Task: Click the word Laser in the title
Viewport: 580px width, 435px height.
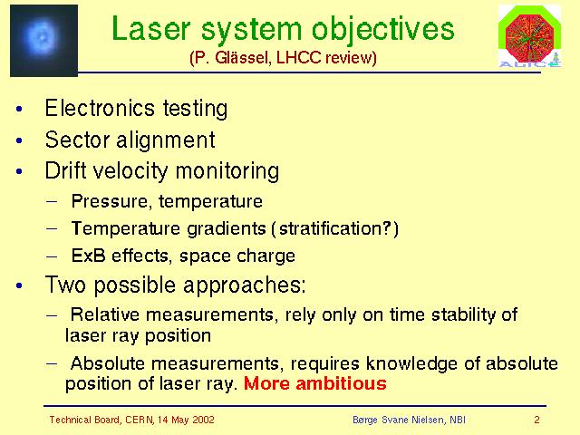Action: (151, 29)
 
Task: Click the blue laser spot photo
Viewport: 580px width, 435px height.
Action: (43, 40)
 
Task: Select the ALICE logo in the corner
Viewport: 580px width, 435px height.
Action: (529, 36)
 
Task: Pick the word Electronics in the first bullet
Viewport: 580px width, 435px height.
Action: (100, 108)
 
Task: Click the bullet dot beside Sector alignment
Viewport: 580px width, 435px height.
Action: (19, 140)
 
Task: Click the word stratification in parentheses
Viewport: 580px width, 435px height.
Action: (331, 228)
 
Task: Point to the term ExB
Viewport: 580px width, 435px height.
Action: (89, 256)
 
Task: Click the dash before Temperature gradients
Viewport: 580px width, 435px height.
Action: (52, 228)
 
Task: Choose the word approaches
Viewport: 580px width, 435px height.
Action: (245, 285)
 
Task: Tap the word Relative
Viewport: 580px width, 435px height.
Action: (105, 314)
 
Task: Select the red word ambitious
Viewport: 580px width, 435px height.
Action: (341, 383)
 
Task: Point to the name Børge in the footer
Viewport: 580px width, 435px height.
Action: (364, 420)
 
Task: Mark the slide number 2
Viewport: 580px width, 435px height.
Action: (536, 420)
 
